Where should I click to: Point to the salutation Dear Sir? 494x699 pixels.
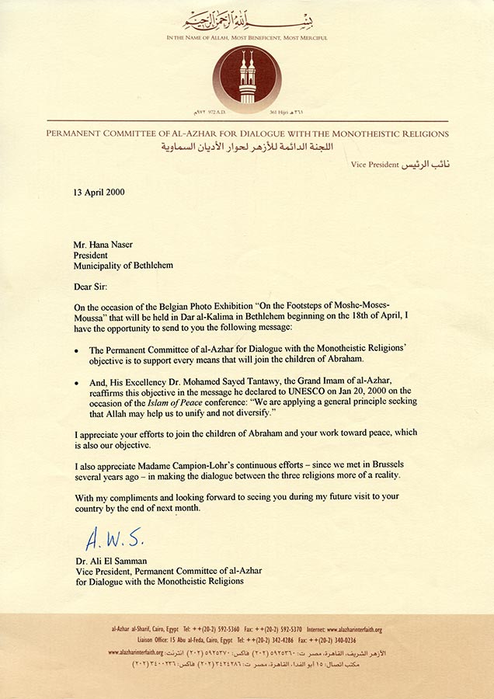coord(92,286)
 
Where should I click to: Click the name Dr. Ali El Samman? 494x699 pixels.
coord(112,559)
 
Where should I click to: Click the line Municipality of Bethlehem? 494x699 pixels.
coord(124,265)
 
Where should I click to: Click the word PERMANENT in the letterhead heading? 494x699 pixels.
coord(79,134)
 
